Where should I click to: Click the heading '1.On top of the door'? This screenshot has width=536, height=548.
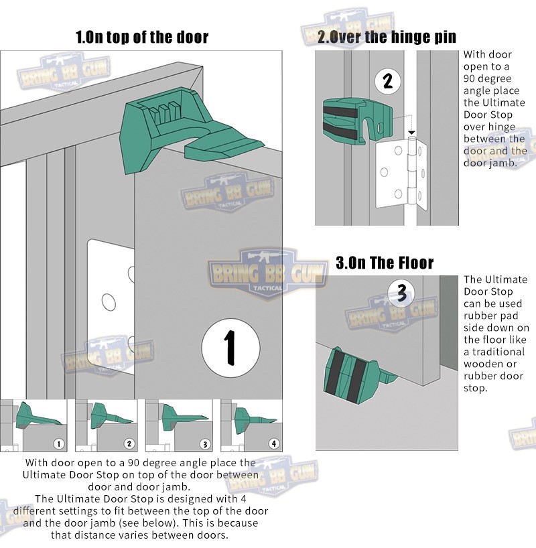click(142, 37)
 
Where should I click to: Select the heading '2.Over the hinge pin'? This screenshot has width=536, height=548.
click(387, 37)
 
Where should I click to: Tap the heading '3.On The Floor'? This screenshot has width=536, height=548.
click(385, 263)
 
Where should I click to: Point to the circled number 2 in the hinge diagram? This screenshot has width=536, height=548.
click(387, 82)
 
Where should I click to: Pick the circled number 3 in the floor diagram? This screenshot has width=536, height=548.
click(401, 293)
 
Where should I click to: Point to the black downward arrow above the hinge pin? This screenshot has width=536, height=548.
click(412, 133)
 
